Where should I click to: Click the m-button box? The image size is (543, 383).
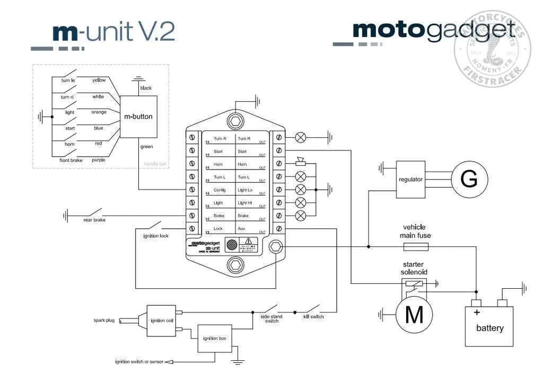[x=138, y=117]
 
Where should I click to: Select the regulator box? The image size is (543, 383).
[x=410, y=180]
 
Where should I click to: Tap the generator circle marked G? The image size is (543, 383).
[x=469, y=180]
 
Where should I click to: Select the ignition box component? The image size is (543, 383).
[x=214, y=339]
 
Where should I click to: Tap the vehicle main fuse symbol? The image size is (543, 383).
[x=416, y=247]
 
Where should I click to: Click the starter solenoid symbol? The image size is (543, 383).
[x=413, y=284]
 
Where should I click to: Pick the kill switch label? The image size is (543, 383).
[x=313, y=317]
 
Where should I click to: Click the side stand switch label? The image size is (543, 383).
[x=271, y=319]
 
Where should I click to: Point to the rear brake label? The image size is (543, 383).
[x=94, y=220]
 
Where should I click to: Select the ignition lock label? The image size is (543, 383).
[x=156, y=236]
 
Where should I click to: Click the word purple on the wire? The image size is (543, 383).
[x=98, y=159]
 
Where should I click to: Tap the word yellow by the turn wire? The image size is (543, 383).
[x=99, y=80]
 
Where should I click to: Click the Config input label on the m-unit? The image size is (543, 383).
[x=220, y=190]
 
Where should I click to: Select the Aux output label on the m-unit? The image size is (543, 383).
[x=242, y=229]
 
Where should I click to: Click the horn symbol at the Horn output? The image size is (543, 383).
[x=301, y=162]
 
